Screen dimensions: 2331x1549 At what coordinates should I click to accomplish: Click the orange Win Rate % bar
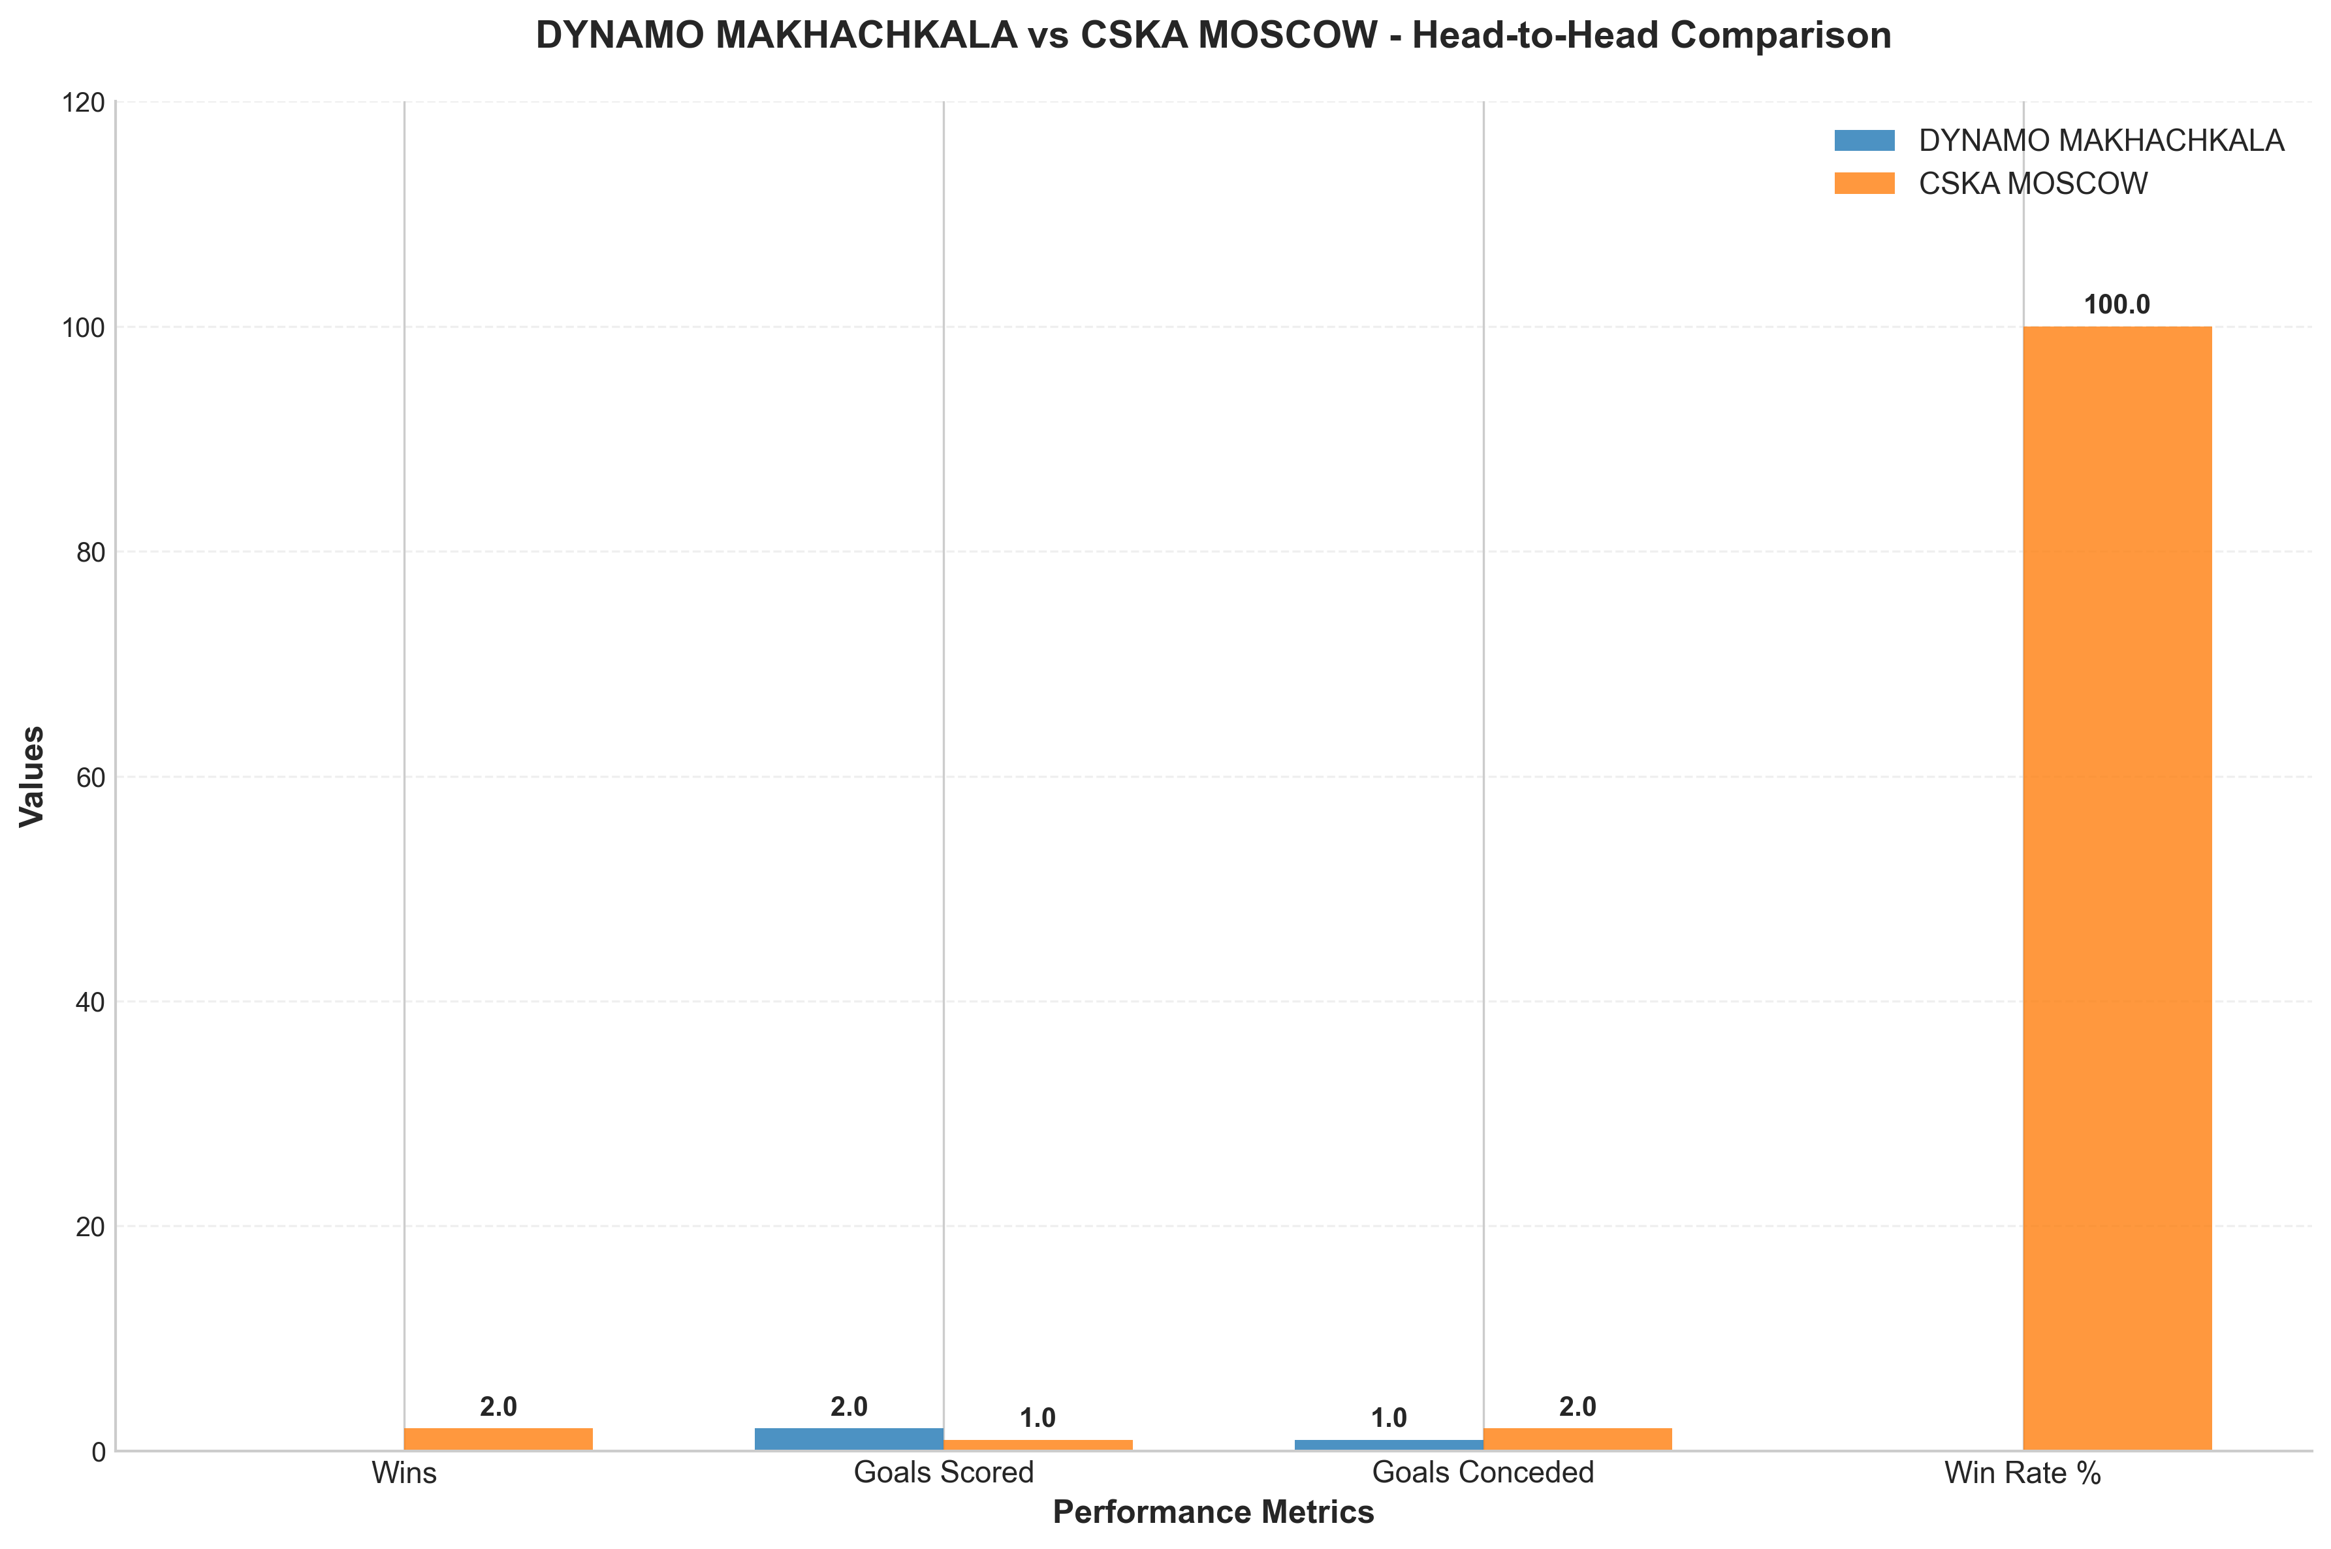[x=2117, y=888]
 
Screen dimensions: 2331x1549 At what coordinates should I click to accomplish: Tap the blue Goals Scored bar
[x=848, y=1439]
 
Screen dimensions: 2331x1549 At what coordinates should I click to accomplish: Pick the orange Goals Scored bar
[x=1037, y=1445]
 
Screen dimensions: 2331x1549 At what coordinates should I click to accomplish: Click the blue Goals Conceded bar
[x=1389, y=1445]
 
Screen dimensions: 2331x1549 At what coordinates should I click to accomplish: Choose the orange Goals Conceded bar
[x=1578, y=1439]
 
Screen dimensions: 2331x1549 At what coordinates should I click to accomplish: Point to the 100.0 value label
[x=2117, y=305]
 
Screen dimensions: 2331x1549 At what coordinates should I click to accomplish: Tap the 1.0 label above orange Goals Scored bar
[x=1037, y=1418]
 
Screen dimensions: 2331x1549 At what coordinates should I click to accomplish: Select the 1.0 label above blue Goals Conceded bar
[x=1389, y=1418]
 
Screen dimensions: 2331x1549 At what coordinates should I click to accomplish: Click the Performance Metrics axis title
[x=1213, y=1512]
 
